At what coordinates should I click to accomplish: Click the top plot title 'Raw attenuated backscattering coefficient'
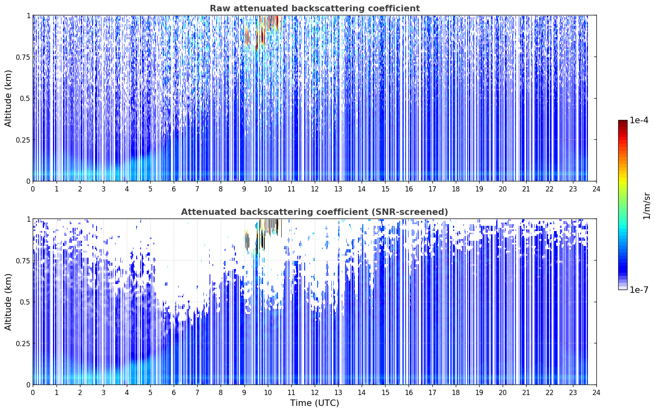pyautogui.click(x=315, y=8)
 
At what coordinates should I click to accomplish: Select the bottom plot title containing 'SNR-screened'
pyautogui.click(x=314, y=212)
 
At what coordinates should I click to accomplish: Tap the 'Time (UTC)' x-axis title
pyautogui.click(x=315, y=403)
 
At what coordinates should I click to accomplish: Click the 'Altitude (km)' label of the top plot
pyautogui.click(x=8, y=99)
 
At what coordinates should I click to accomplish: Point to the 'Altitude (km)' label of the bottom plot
pyautogui.click(x=8, y=302)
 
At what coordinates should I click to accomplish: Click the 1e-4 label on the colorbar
pyautogui.click(x=639, y=120)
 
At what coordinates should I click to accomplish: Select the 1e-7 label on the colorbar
pyautogui.click(x=639, y=290)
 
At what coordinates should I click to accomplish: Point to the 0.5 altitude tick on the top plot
pyautogui.click(x=25, y=99)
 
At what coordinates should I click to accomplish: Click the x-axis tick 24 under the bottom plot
pyautogui.click(x=596, y=393)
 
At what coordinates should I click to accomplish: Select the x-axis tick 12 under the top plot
pyautogui.click(x=315, y=189)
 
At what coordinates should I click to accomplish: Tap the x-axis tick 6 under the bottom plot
pyautogui.click(x=174, y=393)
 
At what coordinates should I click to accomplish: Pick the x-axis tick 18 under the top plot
pyautogui.click(x=455, y=189)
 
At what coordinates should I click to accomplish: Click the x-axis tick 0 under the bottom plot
pyautogui.click(x=33, y=393)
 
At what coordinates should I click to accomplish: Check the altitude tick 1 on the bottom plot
pyautogui.click(x=28, y=219)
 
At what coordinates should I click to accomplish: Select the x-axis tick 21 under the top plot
pyautogui.click(x=526, y=189)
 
